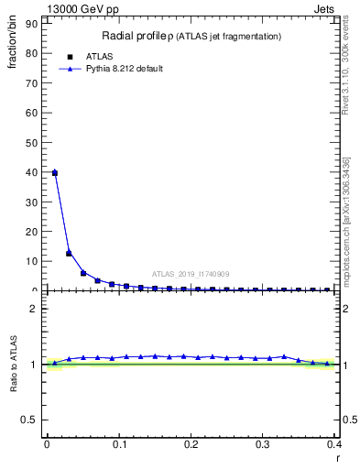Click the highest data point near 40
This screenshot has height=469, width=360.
(55, 172)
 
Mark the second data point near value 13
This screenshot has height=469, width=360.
(69, 253)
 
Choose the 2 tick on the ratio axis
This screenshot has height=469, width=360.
(34, 309)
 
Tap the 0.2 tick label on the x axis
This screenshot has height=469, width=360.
(191, 444)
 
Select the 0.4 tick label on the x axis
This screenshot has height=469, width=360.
(333, 444)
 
